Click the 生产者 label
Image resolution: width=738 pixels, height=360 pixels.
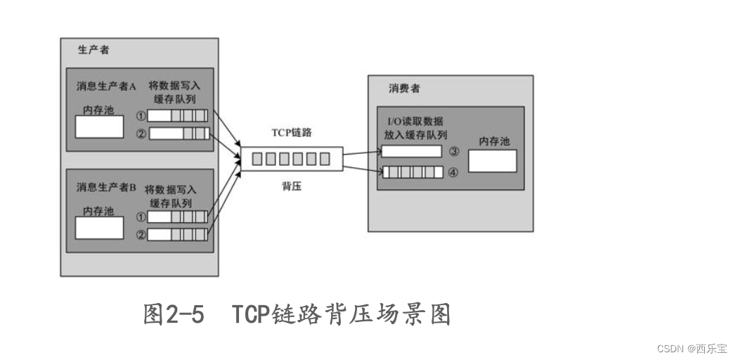point(93,50)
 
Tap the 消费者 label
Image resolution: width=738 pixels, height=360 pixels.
point(404,89)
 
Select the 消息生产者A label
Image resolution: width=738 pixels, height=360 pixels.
point(106,86)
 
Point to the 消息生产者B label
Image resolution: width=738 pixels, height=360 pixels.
point(106,188)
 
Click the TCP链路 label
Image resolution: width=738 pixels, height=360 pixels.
point(292,132)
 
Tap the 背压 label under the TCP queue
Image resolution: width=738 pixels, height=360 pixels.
point(292,188)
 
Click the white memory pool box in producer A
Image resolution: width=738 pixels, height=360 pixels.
point(99,127)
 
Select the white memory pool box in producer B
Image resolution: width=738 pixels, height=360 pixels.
point(99,228)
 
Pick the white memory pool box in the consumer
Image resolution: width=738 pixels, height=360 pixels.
point(491,161)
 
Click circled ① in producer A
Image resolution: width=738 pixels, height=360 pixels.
point(141,116)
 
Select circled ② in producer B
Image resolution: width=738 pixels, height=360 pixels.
point(141,235)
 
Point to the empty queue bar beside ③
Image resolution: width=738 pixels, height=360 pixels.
point(411,151)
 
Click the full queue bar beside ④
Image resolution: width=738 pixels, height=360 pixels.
point(413,172)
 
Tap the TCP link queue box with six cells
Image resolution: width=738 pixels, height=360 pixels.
point(292,159)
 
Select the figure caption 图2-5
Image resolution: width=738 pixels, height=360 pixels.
point(174,314)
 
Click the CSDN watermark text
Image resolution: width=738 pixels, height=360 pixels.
point(692,348)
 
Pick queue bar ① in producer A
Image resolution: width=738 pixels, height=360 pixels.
point(179,116)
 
